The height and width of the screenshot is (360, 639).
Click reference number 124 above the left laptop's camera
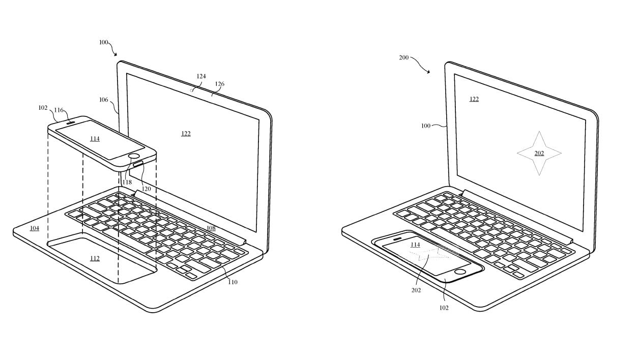click(x=201, y=76)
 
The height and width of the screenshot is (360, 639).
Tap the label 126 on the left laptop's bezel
click(x=220, y=84)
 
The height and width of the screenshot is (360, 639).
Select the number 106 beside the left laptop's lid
click(x=104, y=100)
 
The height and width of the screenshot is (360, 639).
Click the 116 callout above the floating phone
click(x=59, y=110)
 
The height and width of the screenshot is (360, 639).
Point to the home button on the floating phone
click(x=134, y=156)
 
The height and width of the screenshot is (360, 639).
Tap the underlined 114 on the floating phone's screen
click(x=95, y=139)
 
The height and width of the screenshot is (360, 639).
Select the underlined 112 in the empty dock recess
click(x=95, y=258)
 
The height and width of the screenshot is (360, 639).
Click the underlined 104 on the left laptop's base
click(x=35, y=228)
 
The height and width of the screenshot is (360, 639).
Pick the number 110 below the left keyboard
click(x=233, y=282)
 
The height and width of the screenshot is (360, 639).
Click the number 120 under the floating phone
click(x=146, y=189)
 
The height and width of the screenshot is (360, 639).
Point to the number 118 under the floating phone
click(x=127, y=182)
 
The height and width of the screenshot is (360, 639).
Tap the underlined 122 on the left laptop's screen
click(x=186, y=134)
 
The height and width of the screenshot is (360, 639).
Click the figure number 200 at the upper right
click(x=403, y=57)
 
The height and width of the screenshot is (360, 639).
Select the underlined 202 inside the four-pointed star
click(x=539, y=154)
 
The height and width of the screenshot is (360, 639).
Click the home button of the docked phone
click(x=460, y=271)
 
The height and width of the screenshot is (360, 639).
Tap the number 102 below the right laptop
click(x=444, y=308)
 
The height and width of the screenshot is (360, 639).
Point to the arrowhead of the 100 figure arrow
click(x=115, y=54)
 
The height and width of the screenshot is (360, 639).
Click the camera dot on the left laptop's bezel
click(x=191, y=91)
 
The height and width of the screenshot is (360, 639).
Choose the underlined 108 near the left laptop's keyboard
click(x=211, y=228)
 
